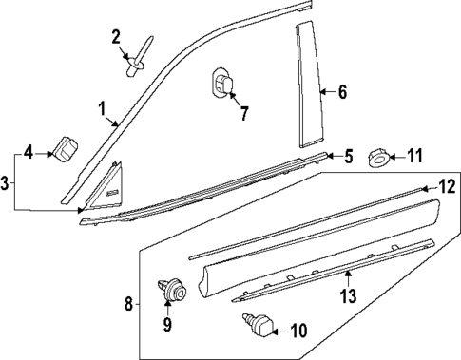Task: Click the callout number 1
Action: click(101, 108)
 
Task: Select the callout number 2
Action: click(116, 37)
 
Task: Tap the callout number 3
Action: click(7, 180)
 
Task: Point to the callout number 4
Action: click(29, 152)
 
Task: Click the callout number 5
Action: click(348, 154)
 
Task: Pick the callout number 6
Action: click(342, 92)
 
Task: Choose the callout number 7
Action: click(243, 115)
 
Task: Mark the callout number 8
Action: click(129, 304)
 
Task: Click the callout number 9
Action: click(167, 325)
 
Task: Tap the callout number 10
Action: click(298, 331)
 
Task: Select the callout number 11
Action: click(415, 156)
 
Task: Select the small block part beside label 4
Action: click(66, 149)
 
